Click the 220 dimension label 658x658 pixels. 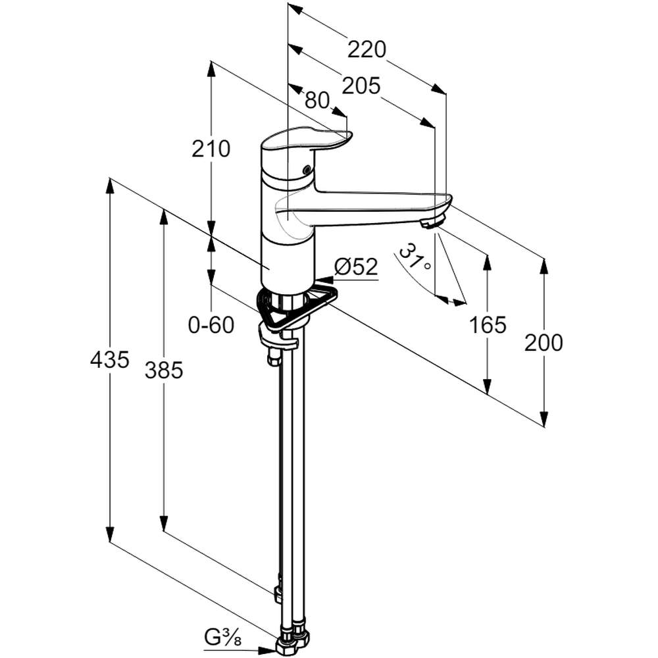[x=367, y=49]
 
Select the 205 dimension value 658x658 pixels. [x=362, y=86]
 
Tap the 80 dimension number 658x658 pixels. [x=317, y=100]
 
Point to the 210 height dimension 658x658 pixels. [x=211, y=149]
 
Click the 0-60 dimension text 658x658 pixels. [x=211, y=325]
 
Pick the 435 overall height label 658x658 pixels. [x=110, y=360]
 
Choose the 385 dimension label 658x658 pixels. [x=164, y=371]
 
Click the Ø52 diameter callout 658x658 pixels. [x=356, y=267]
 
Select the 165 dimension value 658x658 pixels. [x=488, y=324]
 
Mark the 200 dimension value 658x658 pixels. [x=544, y=343]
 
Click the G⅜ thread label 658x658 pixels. [x=221, y=638]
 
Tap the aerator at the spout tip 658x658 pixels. [x=432, y=222]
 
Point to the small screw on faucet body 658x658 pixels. [x=305, y=170]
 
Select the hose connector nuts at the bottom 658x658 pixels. [x=293, y=642]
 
